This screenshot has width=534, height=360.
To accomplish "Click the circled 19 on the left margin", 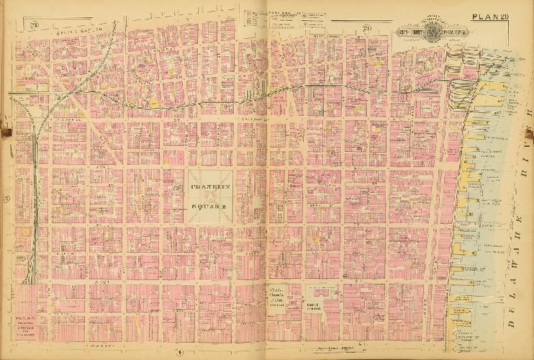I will pos(6,197).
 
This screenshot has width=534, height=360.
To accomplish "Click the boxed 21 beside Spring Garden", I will pos(34,26).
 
